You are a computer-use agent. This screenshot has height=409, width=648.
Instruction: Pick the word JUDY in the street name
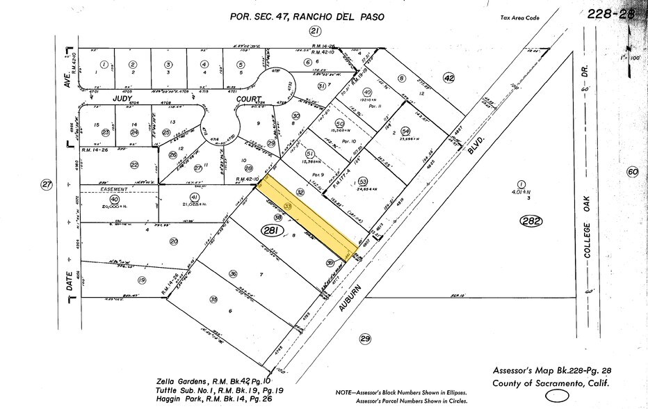122,99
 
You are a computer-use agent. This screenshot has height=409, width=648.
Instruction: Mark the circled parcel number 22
133,164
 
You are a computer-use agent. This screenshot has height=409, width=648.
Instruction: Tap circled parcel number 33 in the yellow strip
288,207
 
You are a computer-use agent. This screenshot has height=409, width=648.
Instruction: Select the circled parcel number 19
142,280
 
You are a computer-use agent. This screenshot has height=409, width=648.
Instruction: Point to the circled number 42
449,79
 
